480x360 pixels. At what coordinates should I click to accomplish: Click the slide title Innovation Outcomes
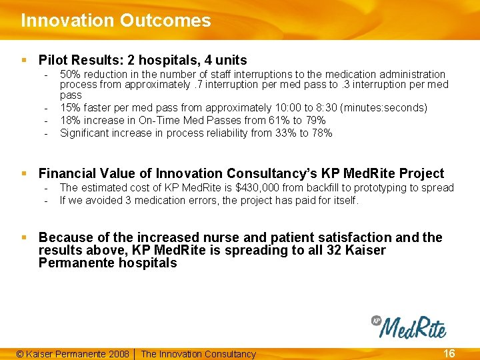[x=115, y=21]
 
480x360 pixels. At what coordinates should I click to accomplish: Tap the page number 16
[x=449, y=353]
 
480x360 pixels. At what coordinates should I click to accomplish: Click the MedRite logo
[x=409, y=327]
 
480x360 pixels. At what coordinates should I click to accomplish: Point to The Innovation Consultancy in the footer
[x=198, y=354]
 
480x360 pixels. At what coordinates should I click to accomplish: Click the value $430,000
[x=263, y=188]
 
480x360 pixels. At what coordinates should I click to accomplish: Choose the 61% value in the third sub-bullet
[x=275, y=121]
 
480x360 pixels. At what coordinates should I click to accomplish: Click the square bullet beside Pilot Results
[x=24, y=60]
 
